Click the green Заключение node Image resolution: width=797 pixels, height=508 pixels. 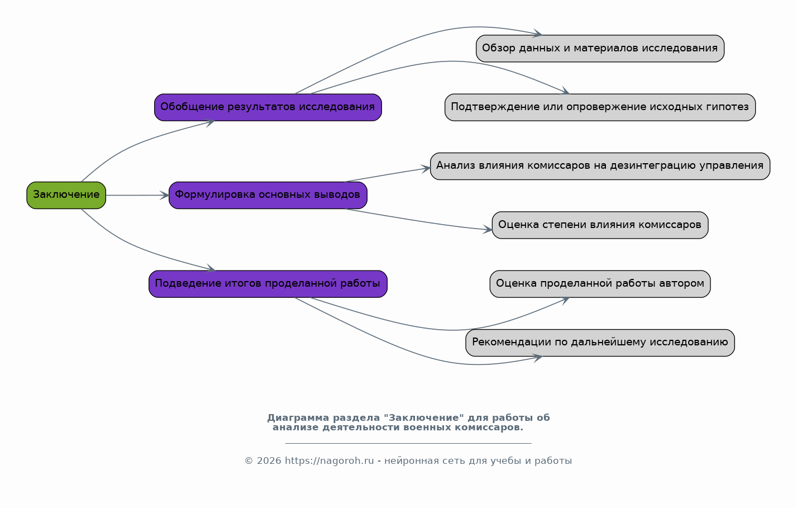pyautogui.click(x=66, y=196)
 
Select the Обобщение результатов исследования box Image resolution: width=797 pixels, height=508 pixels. pyautogui.click(x=268, y=107)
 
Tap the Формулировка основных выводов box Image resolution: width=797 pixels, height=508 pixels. pyautogui.click(x=268, y=196)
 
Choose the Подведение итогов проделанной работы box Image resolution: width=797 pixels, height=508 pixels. pyautogui.click(x=268, y=284)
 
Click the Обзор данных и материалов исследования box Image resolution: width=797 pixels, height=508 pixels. pyautogui.click(x=600, y=49)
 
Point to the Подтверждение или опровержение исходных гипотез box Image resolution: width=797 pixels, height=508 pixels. pyautogui.click(x=600, y=107)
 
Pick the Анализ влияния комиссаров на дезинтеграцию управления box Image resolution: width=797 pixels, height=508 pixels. pyautogui.click(x=600, y=166)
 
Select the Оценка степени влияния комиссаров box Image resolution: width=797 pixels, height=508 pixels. pyautogui.click(x=600, y=225)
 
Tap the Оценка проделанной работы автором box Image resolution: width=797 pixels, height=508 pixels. pyautogui.click(x=600, y=284)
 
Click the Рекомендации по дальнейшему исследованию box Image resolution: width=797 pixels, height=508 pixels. pyautogui.click(x=600, y=343)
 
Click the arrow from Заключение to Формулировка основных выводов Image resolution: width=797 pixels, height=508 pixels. pyautogui.click(x=137, y=196)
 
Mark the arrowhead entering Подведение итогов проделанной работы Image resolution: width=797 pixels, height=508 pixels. pyautogui.click(x=211, y=269)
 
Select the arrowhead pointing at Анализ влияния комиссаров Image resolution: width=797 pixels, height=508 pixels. pyautogui.click(x=426, y=169)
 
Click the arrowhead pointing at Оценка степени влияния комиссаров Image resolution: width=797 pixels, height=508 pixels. pyautogui.click(x=488, y=230)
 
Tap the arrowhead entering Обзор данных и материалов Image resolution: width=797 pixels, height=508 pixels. pyautogui.click(x=537, y=34)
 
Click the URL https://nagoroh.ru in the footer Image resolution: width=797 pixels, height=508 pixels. pyautogui.click(x=330, y=461)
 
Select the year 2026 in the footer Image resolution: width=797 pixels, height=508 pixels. pyautogui.click(x=269, y=461)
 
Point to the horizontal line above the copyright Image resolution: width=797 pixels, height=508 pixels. pyautogui.click(x=408, y=444)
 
